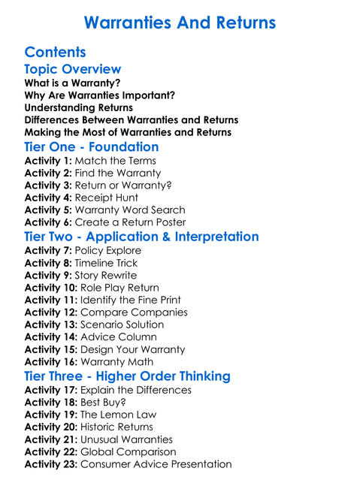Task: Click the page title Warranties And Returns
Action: click(x=180, y=23)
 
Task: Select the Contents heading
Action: click(x=55, y=53)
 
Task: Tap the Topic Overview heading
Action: click(x=73, y=70)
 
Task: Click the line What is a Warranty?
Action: click(x=72, y=83)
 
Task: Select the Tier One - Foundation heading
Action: click(x=92, y=146)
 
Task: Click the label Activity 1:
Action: click(x=48, y=161)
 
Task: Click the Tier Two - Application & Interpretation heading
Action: click(x=141, y=237)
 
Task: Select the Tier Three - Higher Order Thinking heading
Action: click(x=127, y=376)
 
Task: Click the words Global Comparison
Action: click(x=128, y=451)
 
